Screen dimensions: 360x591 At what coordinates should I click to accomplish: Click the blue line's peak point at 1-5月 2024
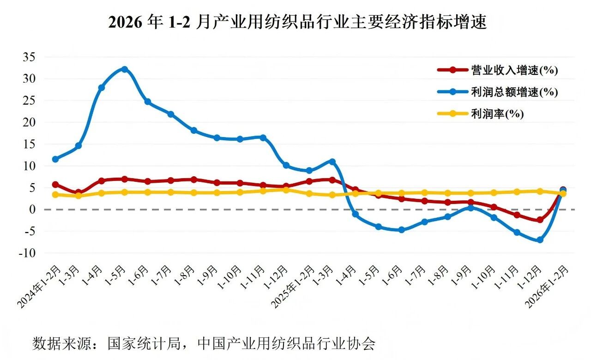coord(124,69)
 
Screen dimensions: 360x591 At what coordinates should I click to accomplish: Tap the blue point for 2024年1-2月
coord(55,159)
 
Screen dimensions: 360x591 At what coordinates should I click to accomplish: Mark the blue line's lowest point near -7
coord(540,240)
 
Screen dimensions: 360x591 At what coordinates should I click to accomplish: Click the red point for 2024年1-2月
coord(55,184)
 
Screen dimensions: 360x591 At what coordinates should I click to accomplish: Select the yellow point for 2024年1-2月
coord(55,195)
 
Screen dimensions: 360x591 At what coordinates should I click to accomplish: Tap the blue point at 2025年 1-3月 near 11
coord(332,162)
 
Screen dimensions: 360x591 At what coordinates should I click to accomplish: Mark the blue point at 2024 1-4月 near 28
coord(102,88)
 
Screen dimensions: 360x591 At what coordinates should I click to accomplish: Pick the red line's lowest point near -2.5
coord(540,220)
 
